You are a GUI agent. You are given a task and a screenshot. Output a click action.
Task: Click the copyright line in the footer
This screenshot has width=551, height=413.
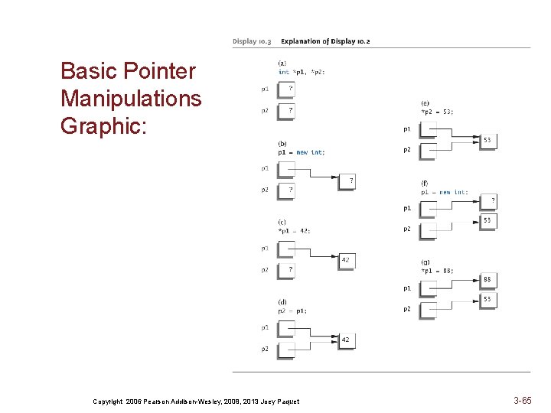(x=196, y=401)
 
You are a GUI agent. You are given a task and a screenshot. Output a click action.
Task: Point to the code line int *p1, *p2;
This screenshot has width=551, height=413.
(x=302, y=72)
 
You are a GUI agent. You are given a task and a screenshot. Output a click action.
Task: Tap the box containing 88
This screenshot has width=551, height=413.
(x=487, y=280)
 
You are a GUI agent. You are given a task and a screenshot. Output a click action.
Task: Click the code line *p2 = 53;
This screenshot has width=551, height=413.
(x=437, y=112)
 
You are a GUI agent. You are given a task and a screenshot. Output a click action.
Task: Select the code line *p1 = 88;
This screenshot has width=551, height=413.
(x=438, y=270)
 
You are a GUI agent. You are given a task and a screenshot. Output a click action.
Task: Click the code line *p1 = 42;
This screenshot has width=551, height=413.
(x=294, y=231)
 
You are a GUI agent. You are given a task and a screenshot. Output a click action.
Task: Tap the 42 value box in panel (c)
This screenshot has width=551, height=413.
(x=346, y=260)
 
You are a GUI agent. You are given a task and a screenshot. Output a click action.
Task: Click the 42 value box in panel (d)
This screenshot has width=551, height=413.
(x=346, y=340)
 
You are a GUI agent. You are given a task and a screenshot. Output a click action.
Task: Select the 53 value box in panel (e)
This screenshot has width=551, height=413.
(x=487, y=140)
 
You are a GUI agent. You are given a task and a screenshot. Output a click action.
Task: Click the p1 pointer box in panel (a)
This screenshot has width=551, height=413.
(x=285, y=89)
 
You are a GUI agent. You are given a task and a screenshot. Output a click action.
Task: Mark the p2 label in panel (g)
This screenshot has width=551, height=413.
(x=407, y=309)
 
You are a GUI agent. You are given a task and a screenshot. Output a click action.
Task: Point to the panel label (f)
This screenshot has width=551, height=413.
(x=424, y=184)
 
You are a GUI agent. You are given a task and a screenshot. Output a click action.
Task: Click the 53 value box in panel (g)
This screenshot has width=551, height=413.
(x=487, y=300)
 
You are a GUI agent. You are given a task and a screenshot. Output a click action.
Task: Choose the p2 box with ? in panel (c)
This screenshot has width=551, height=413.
(x=285, y=269)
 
